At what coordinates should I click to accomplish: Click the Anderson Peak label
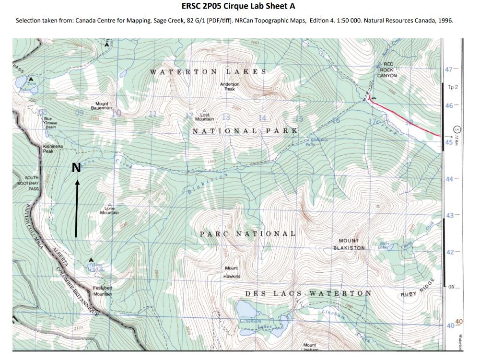[230, 87]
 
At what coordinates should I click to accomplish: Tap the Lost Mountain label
[205, 116]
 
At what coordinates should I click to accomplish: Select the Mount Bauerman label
[102, 106]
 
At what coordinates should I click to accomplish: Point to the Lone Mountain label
[109, 210]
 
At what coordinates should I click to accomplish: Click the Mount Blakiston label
[349, 244]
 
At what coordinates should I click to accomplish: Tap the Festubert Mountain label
[102, 290]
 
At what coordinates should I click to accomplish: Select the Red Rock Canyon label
[387, 70]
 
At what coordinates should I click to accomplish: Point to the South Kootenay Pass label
[28, 183]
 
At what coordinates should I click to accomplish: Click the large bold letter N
[76, 167]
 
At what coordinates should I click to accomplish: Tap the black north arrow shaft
[76, 211]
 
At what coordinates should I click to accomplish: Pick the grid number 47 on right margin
[449, 70]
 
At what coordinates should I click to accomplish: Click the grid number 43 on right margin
[450, 216]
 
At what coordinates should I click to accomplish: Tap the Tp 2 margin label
[452, 87]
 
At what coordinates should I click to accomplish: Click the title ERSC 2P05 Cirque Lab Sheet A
[238, 6]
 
